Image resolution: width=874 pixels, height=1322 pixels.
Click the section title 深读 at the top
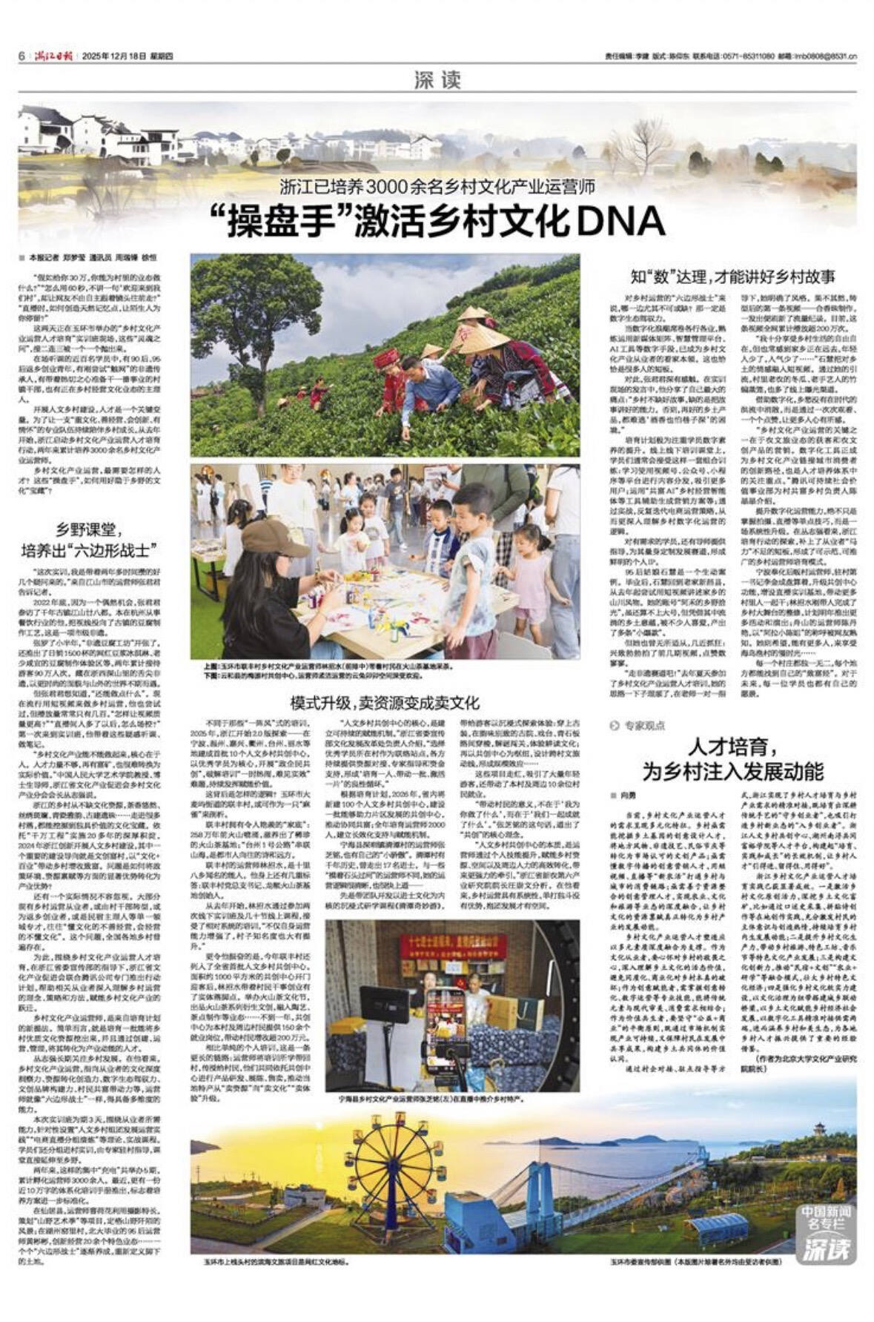437,80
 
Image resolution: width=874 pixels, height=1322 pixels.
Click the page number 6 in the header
23,56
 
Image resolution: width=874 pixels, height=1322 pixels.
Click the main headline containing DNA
437,220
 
